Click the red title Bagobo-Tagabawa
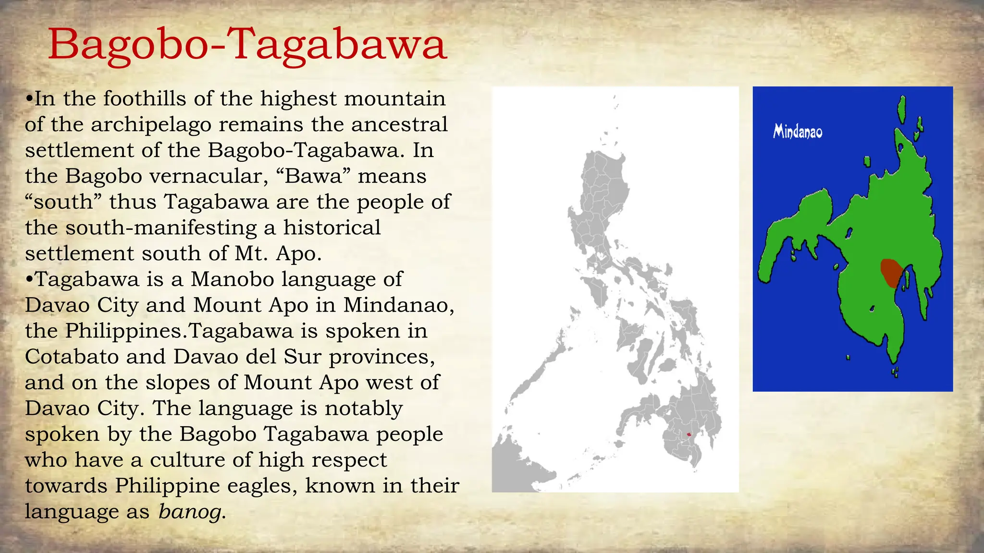(247, 45)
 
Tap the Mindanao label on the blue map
(798, 132)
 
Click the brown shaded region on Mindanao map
(891, 272)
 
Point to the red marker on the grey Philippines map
(689, 434)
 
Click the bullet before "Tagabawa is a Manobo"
(29, 280)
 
